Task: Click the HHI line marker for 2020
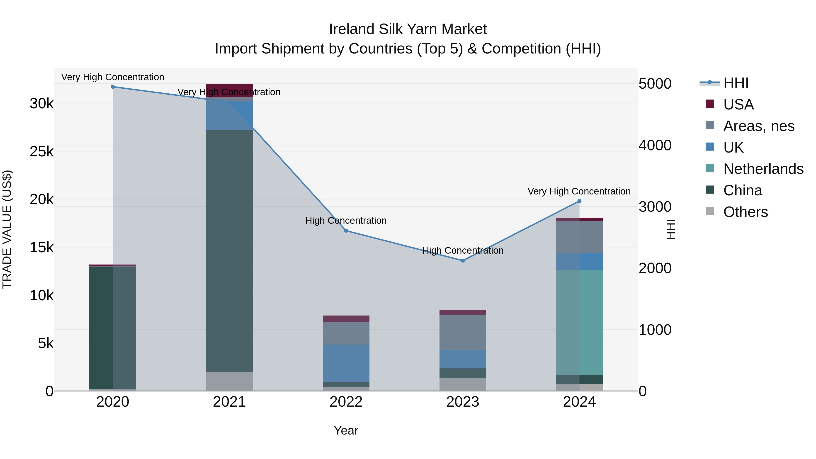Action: pyautogui.click(x=113, y=87)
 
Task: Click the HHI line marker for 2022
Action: pyautogui.click(x=346, y=231)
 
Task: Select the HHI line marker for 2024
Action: pyautogui.click(x=579, y=201)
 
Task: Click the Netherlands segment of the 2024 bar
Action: pyautogui.click(x=579, y=323)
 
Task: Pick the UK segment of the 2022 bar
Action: pyautogui.click(x=346, y=363)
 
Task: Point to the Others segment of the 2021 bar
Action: pyautogui.click(x=229, y=381)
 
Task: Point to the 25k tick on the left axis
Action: pyautogui.click(x=41, y=151)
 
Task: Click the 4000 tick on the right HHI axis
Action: pyautogui.click(x=654, y=145)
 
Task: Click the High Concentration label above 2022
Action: pyautogui.click(x=346, y=221)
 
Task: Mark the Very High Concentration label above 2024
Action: pyautogui.click(x=579, y=191)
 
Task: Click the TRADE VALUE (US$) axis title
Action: pyautogui.click(x=7, y=229)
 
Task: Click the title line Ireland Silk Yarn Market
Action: pyautogui.click(x=408, y=29)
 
